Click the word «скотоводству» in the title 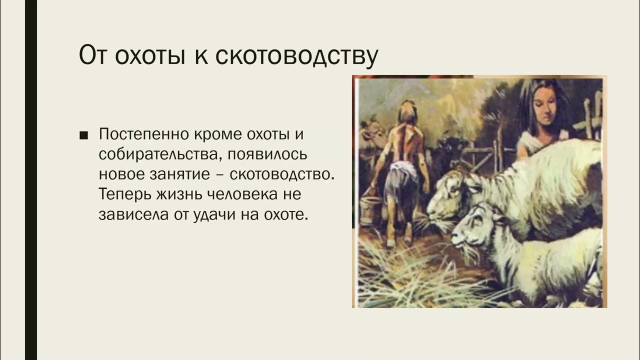click(x=296, y=56)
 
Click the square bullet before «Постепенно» click(x=83, y=135)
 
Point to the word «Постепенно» click(x=140, y=134)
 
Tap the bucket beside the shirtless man click(x=370, y=210)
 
